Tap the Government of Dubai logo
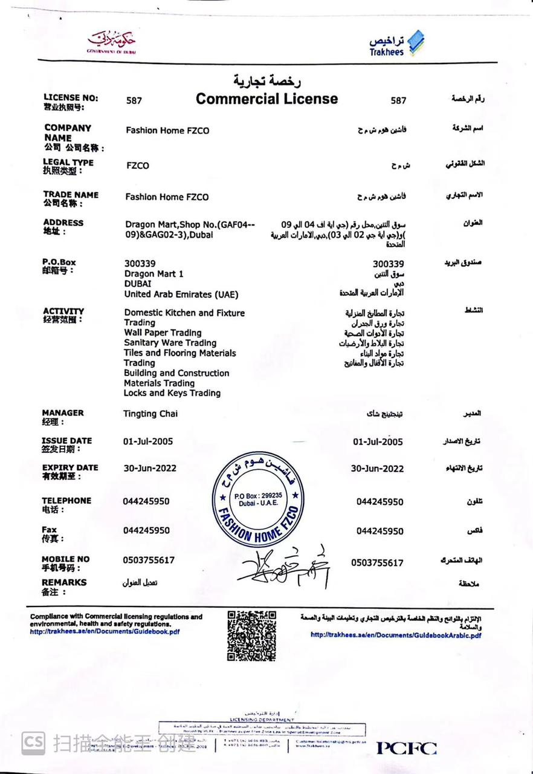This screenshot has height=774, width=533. tap(112, 42)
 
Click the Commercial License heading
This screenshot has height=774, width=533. tap(266, 99)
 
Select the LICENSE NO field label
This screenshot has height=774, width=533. tap(70, 97)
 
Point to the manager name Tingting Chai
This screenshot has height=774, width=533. tap(150, 414)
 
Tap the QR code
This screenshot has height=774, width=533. tap(251, 636)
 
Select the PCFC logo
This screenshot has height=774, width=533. tap(407, 748)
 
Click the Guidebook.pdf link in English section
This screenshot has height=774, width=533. tap(105, 632)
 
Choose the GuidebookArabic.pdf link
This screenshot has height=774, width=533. tap(396, 635)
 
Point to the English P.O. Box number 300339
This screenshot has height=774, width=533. tap(140, 264)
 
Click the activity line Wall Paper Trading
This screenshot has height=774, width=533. tap(163, 333)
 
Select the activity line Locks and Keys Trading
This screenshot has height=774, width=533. tap(172, 393)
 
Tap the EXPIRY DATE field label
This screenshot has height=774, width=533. tap(69, 467)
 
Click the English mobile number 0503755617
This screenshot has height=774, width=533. tap(149, 560)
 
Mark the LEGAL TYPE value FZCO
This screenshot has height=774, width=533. tap(138, 166)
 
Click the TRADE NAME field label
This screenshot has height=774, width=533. tap(70, 195)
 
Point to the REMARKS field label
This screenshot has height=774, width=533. tap(64, 582)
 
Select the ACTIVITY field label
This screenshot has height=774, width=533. tap(63, 311)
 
